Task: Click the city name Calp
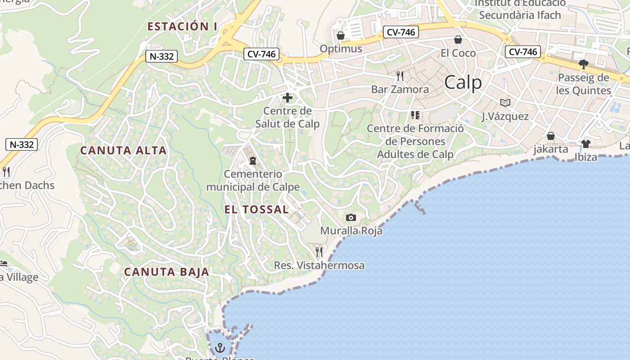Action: (463, 83)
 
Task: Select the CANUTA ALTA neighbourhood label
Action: (124, 150)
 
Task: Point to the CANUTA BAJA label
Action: (166, 272)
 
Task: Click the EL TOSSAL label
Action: (256, 209)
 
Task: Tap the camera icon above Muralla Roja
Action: (351, 218)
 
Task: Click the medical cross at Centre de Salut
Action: (287, 98)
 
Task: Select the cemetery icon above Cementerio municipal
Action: (253, 161)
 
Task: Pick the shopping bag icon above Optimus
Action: (341, 35)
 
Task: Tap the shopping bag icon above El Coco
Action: (458, 40)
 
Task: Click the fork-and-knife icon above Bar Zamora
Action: (400, 76)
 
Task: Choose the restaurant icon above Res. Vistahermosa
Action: (319, 252)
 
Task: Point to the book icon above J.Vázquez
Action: (505, 103)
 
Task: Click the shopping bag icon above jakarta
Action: (550, 135)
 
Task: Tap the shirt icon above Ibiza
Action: (585, 144)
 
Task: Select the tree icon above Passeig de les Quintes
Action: (584, 64)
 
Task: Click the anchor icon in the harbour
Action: (220, 347)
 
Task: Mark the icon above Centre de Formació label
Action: (415, 115)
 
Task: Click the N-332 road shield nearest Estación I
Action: (162, 57)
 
